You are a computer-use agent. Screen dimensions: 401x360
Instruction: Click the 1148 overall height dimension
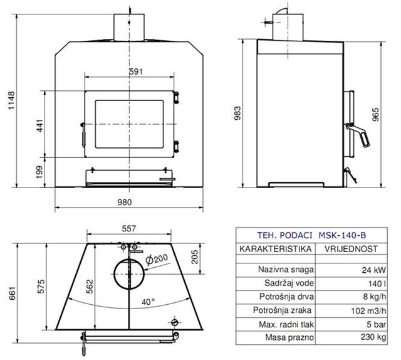pyautogui.click(x=11, y=100)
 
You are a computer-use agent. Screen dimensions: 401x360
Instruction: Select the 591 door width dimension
pyautogui.click(x=135, y=71)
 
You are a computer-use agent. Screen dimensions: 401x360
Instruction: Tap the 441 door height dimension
pyautogui.click(x=40, y=125)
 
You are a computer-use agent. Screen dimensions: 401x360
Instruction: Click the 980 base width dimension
pyautogui.click(x=125, y=203)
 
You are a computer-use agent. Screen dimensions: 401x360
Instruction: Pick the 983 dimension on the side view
pyautogui.click(x=237, y=113)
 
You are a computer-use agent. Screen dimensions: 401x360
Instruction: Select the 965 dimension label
pyautogui.click(x=375, y=114)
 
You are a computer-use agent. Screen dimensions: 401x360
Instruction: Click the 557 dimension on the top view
pyautogui.click(x=128, y=228)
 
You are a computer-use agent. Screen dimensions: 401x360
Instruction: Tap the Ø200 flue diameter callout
pyautogui.click(x=157, y=259)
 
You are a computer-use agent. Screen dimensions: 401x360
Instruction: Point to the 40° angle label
pyautogui.click(x=148, y=302)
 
